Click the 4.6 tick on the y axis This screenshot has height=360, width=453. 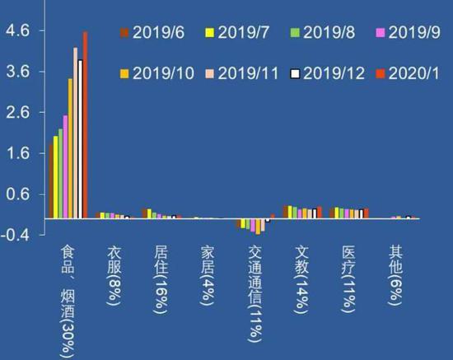tap(18, 30)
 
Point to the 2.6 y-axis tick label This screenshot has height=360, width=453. tap(18, 112)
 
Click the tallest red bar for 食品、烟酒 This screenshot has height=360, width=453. tap(85, 124)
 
